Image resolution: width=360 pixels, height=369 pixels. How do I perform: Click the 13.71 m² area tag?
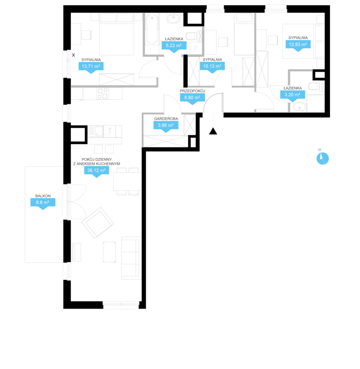(x=91, y=67)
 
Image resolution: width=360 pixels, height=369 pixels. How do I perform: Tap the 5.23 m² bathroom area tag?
(x=174, y=47)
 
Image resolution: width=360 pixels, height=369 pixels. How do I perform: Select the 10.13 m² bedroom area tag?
(x=212, y=67)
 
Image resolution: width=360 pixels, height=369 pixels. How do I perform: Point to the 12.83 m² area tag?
(x=298, y=45)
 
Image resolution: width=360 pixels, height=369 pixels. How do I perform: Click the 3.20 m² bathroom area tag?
(x=292, y=96)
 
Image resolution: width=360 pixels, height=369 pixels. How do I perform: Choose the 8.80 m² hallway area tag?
(x=192, y=99)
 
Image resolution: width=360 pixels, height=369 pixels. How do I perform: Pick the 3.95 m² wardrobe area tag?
(x=166, y=126)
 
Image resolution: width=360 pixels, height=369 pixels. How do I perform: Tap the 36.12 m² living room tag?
(x=97, y=171)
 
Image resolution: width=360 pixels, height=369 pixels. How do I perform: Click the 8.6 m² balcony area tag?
(x=43, y=204)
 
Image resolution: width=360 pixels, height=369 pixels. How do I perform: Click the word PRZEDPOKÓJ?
(x=193, y=91)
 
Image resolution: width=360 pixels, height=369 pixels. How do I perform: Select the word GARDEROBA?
(x=166, y=119)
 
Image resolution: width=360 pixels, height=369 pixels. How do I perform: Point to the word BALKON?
(x=43, y=196)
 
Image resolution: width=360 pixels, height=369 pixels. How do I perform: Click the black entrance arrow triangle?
(x=213, y=131)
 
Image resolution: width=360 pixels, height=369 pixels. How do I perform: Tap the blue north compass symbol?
(x=322, y=158)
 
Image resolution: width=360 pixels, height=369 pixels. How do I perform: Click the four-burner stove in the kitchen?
(x=103, y=94)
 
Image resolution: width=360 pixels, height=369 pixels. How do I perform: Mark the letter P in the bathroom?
(x=196, y=48)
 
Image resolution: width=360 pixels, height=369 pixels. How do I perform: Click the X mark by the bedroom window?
(x=74, y=55)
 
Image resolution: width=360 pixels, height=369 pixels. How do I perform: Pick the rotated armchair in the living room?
(x=98, y=222)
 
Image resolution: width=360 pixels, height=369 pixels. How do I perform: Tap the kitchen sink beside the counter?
(x=96, y=131)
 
